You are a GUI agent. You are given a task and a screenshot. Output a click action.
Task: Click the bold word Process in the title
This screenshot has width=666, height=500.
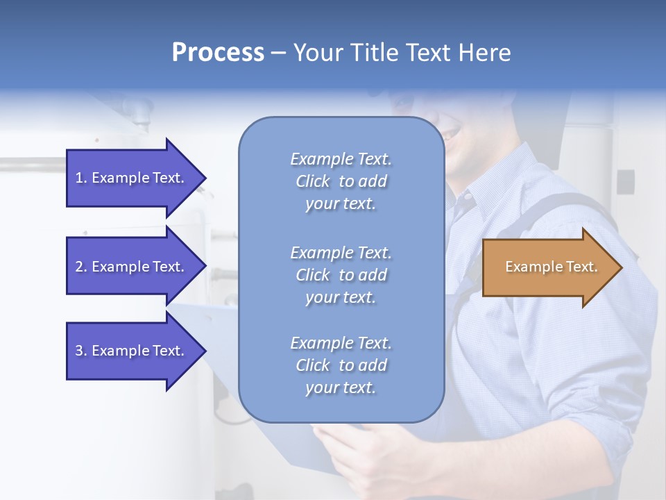(218, 53)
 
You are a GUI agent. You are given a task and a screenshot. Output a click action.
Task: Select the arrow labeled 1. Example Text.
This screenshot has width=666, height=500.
(132, 178)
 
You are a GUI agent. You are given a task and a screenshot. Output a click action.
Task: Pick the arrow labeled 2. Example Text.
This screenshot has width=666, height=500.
(132, 267)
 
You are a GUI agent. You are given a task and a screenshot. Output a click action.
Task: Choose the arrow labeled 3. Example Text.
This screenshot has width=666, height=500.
(132, 351)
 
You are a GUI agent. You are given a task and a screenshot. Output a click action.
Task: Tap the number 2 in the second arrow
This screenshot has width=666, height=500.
(78, 267)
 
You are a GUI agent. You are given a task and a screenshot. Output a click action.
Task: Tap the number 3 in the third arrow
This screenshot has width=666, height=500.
(78, 351)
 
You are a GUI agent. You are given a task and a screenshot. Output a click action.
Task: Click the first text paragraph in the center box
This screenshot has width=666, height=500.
(341, 181)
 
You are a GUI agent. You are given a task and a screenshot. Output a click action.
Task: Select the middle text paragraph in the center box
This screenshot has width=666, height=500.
(341, 275)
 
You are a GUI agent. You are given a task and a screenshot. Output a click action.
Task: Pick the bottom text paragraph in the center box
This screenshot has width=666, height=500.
(341, 365)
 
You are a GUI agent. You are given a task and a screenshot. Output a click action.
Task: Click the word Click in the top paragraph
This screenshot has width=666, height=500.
(313, 181)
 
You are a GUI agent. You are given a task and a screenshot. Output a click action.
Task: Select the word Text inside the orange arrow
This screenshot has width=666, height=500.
(581, 267)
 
